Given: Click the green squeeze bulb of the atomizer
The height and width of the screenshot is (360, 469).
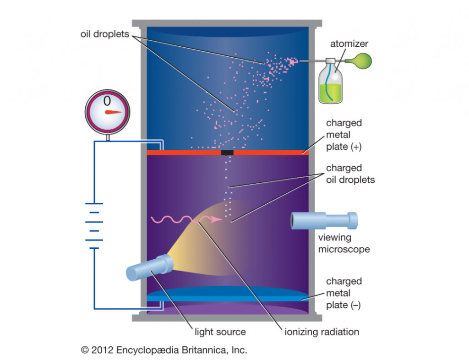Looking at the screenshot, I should pyautogui.click(x=357, y=61).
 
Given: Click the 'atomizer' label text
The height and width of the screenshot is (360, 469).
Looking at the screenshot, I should pyautogui.click(x=349, y=44).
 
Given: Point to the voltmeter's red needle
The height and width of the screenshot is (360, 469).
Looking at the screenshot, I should pyautogui.click(x=113, y=112).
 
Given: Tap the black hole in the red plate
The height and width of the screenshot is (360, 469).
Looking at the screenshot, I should pyautogui.click(x=227, y=152).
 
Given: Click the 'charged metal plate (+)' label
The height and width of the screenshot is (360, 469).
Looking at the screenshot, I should pyautogui.click(x=344, y=135).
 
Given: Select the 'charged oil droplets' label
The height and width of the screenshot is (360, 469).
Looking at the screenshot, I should pyautogui.click(x=350, y=174).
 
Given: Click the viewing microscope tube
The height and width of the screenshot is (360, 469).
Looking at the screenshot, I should pyautogui.click(x=324, y=221).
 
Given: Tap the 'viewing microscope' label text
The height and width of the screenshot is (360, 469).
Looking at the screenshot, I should pyautogui.click(x=344, y=243).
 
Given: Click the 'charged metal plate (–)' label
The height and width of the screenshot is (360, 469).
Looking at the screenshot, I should pyautogui.click(x=344, y=293).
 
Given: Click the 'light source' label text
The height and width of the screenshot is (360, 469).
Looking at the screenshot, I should pyautogui.click(x=220, y=332).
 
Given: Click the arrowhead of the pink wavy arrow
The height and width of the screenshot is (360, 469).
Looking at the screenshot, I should pyautogui.click(x=219, y=219).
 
